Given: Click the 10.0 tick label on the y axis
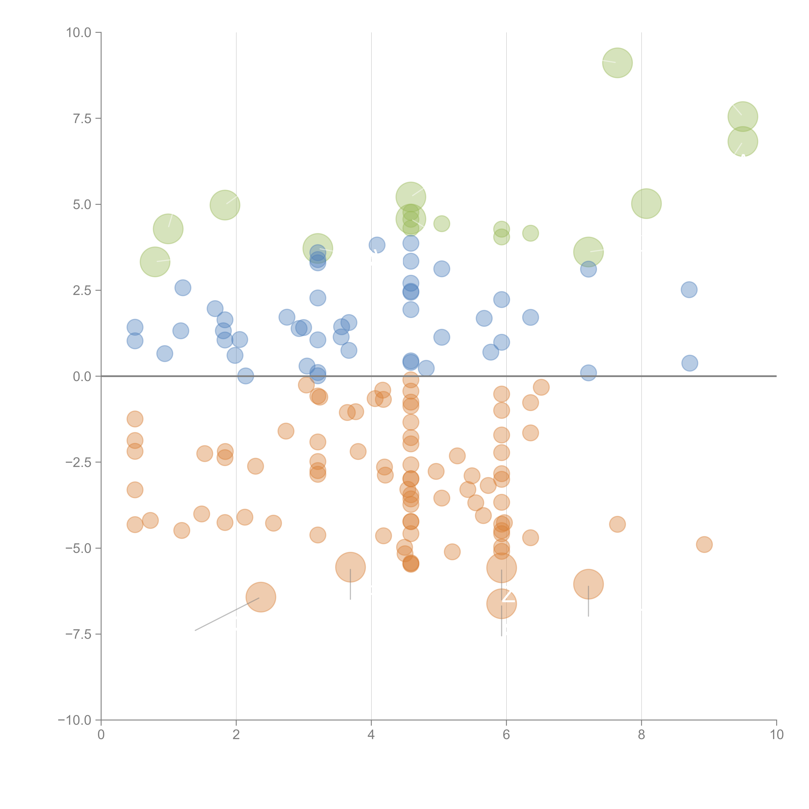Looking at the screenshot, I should pos(79,33).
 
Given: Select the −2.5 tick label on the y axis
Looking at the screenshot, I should pos(78,462).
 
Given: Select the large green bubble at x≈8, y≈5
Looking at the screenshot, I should pos(646,204).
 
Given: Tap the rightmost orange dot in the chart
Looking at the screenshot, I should pos(704,544).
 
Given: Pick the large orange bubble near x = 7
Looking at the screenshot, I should pos(588,584).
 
